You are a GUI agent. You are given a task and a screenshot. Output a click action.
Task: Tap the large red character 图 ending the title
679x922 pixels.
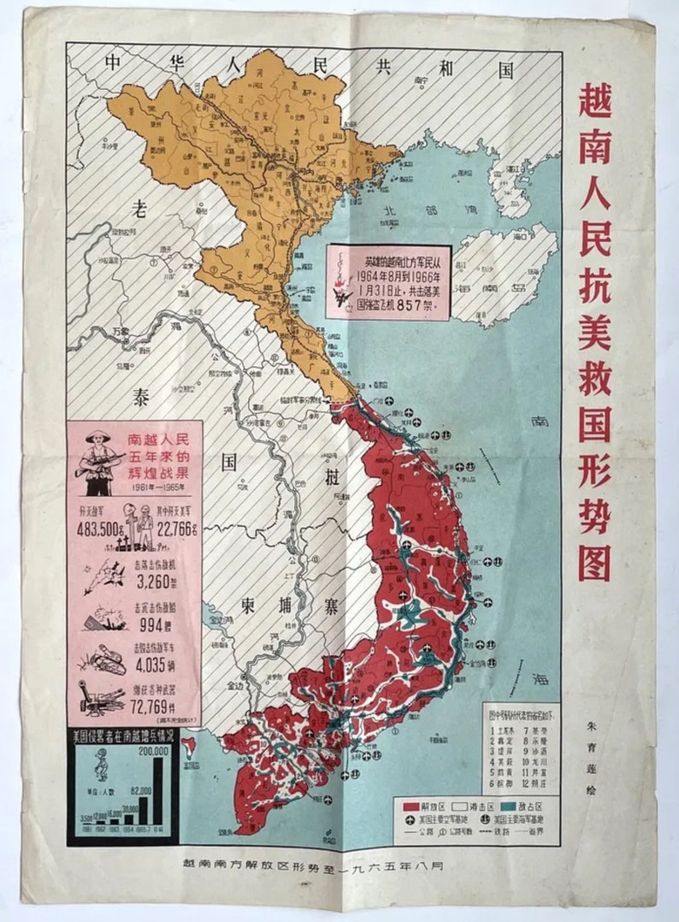coord(593,563)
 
